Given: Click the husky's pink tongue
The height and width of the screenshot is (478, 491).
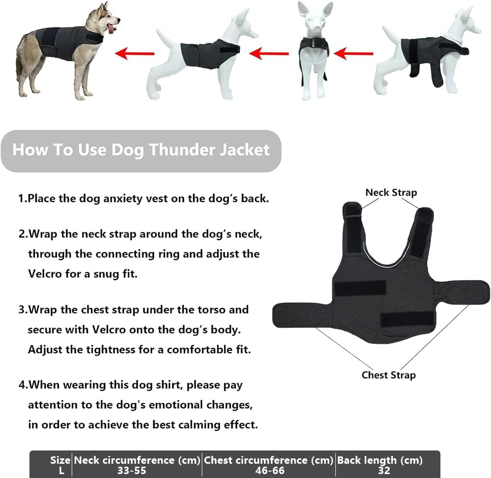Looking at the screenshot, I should click(x=110, y=30).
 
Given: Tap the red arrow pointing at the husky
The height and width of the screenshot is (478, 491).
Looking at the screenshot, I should click(x=134, y=52).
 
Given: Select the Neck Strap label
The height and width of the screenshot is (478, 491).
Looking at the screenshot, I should click(x=391, y=193).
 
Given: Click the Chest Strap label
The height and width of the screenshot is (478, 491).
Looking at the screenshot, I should click(x=388, y=375).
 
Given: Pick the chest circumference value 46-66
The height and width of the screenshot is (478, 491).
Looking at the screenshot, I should click(x=269, y=471).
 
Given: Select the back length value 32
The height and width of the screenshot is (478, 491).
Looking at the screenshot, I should click(x=384, y=471).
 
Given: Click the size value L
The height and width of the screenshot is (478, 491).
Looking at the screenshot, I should click(x=61, y=471).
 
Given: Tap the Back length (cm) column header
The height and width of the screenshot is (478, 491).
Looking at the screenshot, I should click(x=380, y=460).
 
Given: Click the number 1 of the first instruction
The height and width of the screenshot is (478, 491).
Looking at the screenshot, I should click(x=21, y=199).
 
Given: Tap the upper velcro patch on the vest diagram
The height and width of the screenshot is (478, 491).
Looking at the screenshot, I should click(x=360, y=287).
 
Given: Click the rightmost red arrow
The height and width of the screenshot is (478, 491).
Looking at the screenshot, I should click(x=357, y=52).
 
